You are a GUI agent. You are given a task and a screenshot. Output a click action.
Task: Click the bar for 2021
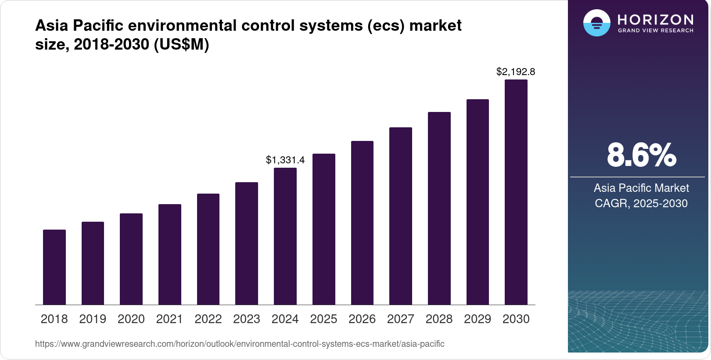click(170, 254)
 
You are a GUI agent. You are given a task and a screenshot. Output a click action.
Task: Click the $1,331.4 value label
click(285, 160)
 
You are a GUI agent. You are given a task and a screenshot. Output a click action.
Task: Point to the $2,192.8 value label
click(516, 72)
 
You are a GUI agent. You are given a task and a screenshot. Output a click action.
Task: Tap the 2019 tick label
click(93, 319)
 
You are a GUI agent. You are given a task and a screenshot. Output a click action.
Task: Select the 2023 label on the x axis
click(247, 319)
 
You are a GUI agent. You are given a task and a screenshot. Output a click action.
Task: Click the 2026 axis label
click(362, 319)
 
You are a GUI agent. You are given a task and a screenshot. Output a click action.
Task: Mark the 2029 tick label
click(478, 319)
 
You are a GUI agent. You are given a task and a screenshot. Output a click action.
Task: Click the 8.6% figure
click(641, 155)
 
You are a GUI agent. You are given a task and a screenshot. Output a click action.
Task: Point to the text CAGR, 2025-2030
click(641, 203)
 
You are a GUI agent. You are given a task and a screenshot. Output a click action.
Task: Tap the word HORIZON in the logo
click(656, 20)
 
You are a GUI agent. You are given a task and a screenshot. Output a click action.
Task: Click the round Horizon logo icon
click(596, 23)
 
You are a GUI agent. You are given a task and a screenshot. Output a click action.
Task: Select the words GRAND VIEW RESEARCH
click(656, 31)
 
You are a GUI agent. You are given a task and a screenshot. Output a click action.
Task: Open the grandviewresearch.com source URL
click(240, 344)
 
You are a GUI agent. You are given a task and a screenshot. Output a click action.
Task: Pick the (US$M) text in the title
click(181, 44)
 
